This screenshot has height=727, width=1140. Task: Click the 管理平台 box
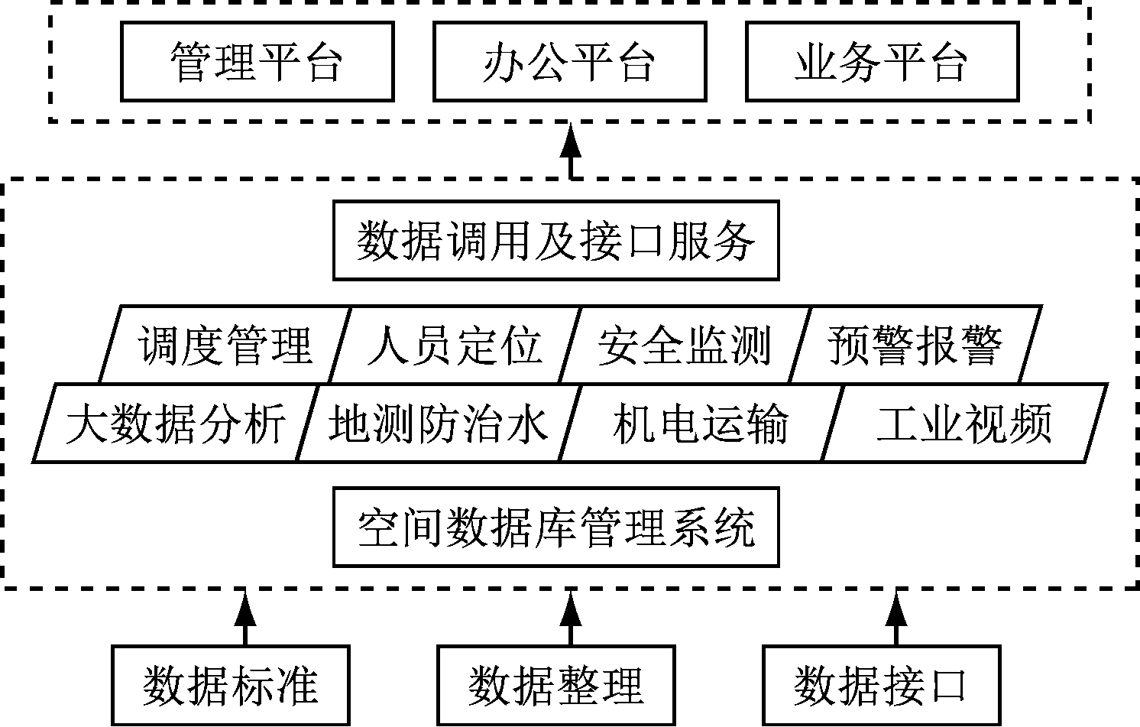(x=257, y=62)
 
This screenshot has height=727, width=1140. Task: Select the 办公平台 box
(x=569, y=62)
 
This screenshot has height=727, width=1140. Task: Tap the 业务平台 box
(x=882, y=62)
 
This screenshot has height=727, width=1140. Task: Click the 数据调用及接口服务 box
(x=556, y=240)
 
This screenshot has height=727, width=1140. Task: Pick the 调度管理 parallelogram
(x=225, y=344)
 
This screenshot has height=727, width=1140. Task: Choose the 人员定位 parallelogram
(x=455, y=344)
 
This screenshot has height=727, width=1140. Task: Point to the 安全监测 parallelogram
(x=685, y=344)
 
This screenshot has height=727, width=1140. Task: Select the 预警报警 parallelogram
(x=915, y=344)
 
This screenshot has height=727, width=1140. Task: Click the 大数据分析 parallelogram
(x=176, y=424)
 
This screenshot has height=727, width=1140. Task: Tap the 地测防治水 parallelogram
(x=439, y=424)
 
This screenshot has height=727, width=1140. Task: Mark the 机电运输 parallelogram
(x=701, y=424)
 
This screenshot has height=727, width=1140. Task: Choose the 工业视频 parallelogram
(x=963, y=424)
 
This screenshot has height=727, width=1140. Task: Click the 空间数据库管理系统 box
(x=556, y=527)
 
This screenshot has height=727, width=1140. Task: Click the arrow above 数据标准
(x=245, y=618)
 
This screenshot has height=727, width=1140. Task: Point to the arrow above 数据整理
(x=570, y=618)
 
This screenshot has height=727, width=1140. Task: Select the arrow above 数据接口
(x=895, y=618)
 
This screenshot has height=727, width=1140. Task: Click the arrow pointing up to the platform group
(x=570, y=151)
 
